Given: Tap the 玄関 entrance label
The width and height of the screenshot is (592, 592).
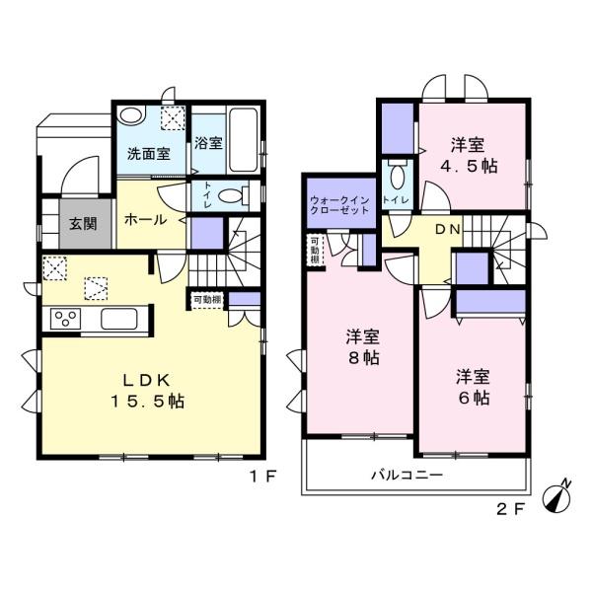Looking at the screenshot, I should pyautogui.click(x=83, y=223).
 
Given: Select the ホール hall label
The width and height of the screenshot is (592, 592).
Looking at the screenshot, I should pyautogui.click(x=145, y=219).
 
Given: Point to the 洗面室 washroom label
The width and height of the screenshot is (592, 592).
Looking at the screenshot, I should pyautogui.click(x=148, y=155).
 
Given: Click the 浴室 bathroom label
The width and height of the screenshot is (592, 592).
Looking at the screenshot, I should pyautogui.click(x=208, y=143).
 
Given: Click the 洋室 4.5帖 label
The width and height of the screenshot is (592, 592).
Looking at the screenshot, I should pyautogui.click(x=470, y=154).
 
